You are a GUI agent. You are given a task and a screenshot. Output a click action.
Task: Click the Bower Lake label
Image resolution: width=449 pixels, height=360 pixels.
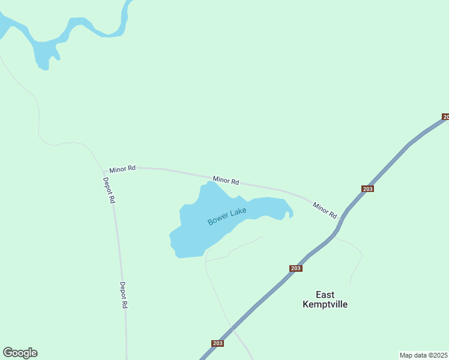227,217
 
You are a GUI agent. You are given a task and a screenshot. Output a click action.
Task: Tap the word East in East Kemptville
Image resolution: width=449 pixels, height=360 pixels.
325,294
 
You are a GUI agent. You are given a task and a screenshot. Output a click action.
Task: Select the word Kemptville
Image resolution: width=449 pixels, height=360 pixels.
325,304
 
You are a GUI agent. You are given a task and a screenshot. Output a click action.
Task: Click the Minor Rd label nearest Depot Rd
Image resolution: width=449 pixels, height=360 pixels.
122,169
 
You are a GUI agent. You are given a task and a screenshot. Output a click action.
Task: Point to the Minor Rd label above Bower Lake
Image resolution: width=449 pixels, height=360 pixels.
226,180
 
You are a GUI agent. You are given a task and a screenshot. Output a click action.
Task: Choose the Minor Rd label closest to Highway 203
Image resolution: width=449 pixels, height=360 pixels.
325,210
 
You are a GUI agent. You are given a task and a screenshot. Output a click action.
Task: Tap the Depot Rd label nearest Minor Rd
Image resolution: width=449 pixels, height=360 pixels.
109,190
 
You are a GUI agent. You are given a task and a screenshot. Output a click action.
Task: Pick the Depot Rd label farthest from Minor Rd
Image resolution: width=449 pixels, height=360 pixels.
124,295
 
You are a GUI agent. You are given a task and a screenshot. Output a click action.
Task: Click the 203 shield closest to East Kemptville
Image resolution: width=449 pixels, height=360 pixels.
295,268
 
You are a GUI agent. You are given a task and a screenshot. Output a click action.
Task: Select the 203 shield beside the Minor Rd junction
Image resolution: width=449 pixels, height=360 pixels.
368,189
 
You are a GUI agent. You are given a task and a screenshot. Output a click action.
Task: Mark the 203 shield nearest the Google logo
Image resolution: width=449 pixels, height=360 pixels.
218,343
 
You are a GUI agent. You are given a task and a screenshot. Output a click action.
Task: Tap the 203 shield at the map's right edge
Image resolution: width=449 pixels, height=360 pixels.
445,116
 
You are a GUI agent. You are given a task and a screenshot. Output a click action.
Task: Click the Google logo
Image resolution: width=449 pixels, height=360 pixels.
20,353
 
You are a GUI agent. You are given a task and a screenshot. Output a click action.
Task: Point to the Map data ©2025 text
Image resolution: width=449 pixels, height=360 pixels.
423,355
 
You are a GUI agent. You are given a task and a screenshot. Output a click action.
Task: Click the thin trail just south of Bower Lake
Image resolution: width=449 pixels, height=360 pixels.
240,246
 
